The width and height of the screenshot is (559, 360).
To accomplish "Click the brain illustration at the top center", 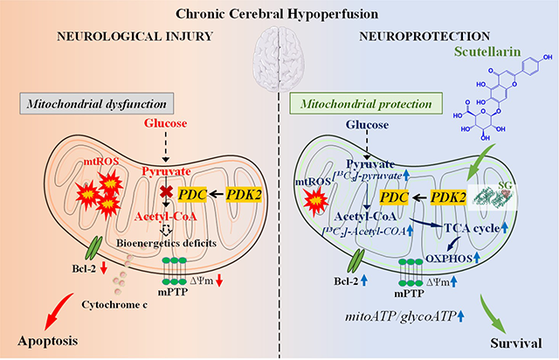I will coord(279,62).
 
